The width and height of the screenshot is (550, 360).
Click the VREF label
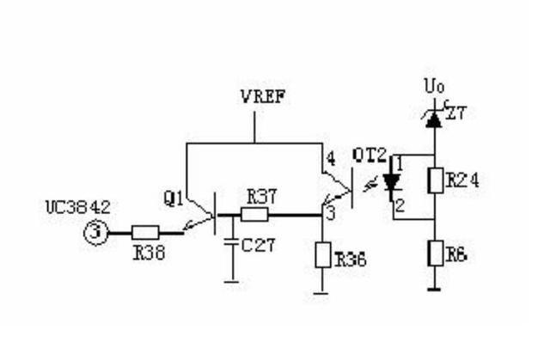[264, 97]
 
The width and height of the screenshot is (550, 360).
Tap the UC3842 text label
[78, 207]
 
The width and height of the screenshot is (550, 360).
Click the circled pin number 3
[95, 232]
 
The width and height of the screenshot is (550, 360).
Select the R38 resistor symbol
[145, 232]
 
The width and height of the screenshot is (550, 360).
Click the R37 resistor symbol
[254, 215]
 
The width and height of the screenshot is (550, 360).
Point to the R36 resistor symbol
[322, 255]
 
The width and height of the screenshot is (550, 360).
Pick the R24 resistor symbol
[436, 180]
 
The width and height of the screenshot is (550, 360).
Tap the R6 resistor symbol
[436, 253]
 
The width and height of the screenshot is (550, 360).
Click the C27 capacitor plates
[231, 242]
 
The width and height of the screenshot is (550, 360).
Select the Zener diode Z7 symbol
[434, 119]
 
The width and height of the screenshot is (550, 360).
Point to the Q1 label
[174, 199]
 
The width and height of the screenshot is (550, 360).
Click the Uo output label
[434, 86]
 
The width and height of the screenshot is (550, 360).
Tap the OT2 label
[370, 156]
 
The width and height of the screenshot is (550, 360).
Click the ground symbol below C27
[231, 282]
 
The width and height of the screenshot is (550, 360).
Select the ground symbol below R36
[321, 293]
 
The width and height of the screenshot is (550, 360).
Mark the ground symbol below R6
[434, 290]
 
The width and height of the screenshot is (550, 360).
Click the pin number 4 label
[330, 159]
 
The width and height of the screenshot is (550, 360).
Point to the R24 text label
[463, 180]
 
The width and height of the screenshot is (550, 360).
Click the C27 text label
[259, 245]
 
